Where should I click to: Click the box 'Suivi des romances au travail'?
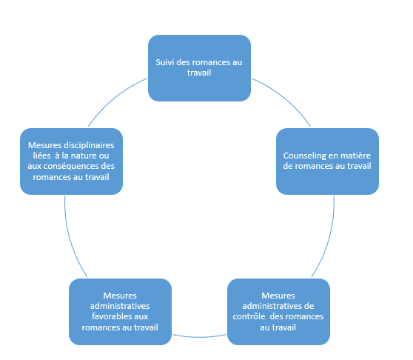coord(199,68)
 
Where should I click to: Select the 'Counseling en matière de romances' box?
coord(327,161)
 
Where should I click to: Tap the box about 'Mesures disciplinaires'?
coord(71,161)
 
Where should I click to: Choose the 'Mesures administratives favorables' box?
coord(120,312)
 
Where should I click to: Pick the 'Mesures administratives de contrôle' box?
coord(278,312)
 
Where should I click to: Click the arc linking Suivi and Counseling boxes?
coord(284,97)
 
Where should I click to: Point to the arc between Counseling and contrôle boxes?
coord(328,239)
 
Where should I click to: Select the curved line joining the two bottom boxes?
coord(199,337)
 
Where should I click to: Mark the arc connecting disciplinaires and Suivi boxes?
coord(114,97)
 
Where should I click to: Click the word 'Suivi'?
coord(165,62)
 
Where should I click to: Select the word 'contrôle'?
coord(249,316)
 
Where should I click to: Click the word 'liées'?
coord(41,156)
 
